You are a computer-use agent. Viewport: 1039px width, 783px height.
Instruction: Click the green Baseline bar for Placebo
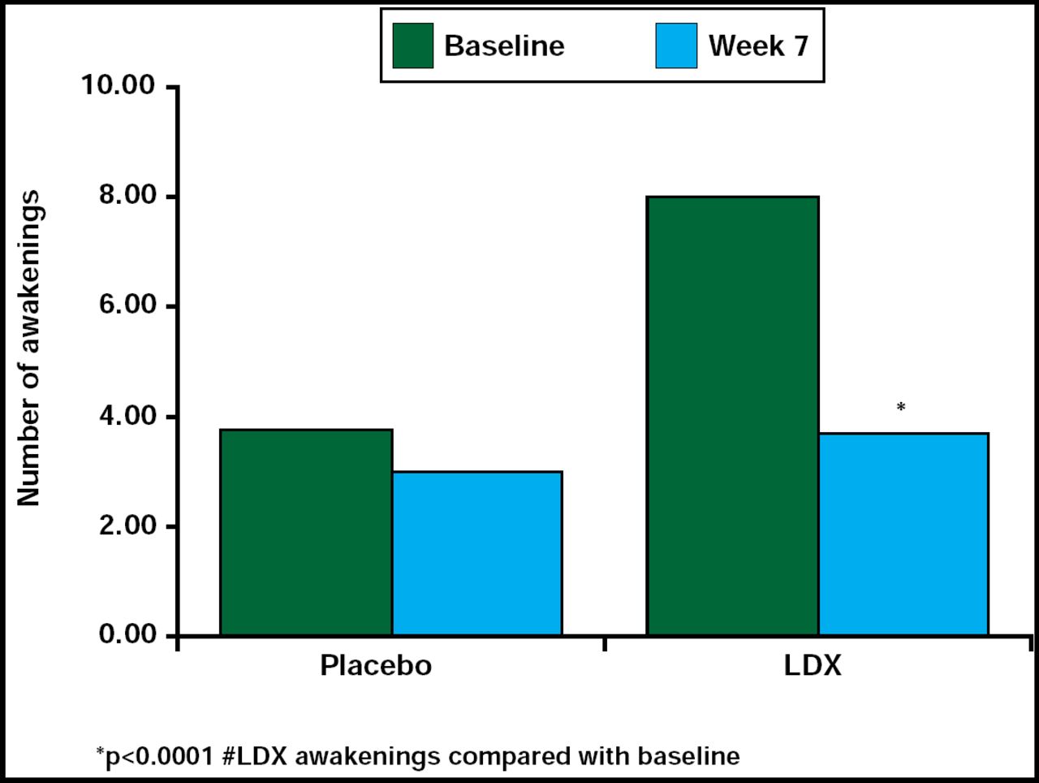[306, 532]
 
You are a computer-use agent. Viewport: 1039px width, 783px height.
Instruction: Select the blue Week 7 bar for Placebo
[477, 553]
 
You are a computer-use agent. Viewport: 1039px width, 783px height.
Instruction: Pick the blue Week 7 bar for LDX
[903, 534]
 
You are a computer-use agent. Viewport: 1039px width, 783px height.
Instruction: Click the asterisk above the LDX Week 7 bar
[900, 408]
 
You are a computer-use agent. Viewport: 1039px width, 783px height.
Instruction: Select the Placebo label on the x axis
[376, 666]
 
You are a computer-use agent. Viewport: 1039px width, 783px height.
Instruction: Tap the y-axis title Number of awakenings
[29, 349]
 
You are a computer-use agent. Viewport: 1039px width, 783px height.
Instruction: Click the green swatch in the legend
[412, 45]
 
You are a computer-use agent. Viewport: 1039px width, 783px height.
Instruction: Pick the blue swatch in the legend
[675, 45]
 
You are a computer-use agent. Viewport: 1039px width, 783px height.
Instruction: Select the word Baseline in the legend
[504, 45]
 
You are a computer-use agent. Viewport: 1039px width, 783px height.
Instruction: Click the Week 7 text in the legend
[758, 45]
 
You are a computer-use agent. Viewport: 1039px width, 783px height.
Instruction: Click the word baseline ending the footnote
[688, 756]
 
